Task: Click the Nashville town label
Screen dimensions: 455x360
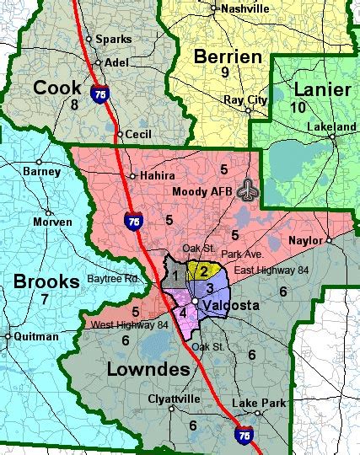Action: click(244, 8)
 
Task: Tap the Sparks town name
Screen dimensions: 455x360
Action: click(113, 40)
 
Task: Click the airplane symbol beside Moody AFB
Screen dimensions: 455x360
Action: click(247, 190)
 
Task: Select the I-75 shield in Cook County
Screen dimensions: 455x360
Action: click(100, 94)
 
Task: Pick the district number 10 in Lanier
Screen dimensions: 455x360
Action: click(298, 107)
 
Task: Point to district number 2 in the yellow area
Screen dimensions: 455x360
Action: click(202, 270)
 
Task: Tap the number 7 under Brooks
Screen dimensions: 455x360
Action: click(45, 300)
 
